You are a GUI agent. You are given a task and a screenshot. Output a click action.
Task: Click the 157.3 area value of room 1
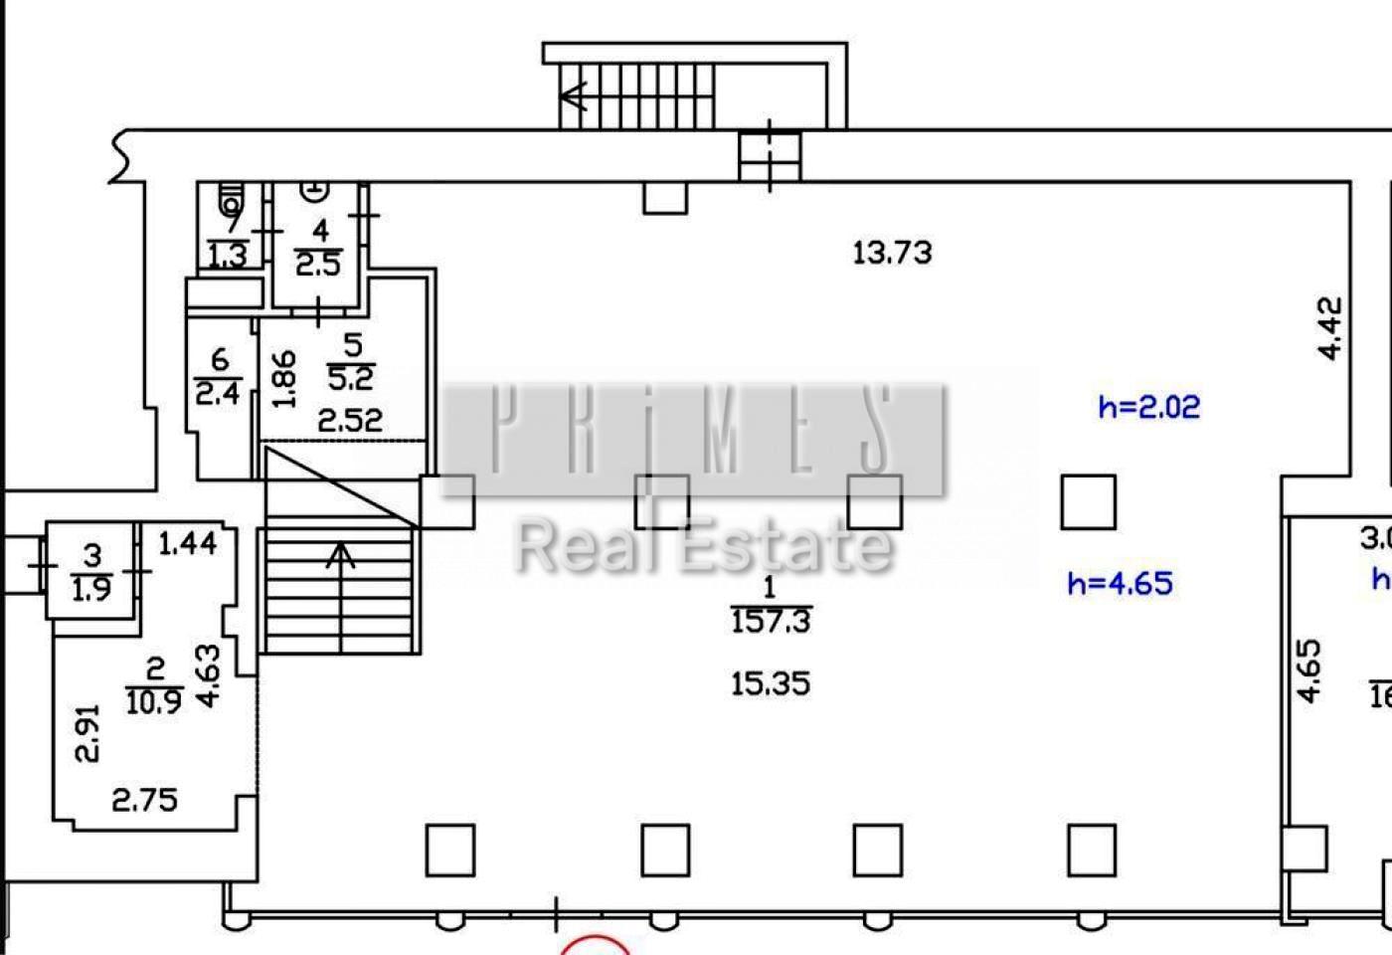click(771, 623)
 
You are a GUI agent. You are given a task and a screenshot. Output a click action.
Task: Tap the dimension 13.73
click(893, 253)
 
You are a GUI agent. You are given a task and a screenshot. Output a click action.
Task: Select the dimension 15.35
click(771, 683)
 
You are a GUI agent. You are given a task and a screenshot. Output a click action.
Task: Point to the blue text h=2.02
click(1148, 407)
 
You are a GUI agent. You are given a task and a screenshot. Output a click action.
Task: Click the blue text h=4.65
click(1120, 582)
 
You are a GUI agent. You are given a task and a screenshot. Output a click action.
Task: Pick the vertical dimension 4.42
click(1330, 328)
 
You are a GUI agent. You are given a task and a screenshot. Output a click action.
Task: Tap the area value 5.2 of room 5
click(350, 378)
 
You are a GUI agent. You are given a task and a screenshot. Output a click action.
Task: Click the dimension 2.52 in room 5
click(349, 420)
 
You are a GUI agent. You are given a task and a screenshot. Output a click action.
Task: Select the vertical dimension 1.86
click(284, 379)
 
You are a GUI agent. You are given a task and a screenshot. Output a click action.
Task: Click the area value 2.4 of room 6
click(218, 393)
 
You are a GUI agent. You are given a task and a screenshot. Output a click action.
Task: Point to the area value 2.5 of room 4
click(318, 265)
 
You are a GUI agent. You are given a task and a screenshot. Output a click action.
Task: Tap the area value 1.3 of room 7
click(228, 256)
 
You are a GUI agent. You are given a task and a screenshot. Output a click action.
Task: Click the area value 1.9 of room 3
click(91, 589)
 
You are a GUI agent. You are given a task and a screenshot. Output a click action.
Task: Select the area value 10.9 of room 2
click(154, 702)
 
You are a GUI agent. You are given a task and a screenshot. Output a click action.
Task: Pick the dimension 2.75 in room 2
click(144, 799)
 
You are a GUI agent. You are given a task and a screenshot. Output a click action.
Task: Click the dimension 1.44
click(188, 543)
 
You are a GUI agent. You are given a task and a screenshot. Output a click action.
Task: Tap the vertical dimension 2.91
click(88, 733)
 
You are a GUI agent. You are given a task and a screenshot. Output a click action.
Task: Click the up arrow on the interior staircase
click(340, 557)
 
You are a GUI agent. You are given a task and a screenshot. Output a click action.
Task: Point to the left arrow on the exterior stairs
click(575, 96)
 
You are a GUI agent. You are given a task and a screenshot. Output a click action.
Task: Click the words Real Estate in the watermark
click(703, 546)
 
